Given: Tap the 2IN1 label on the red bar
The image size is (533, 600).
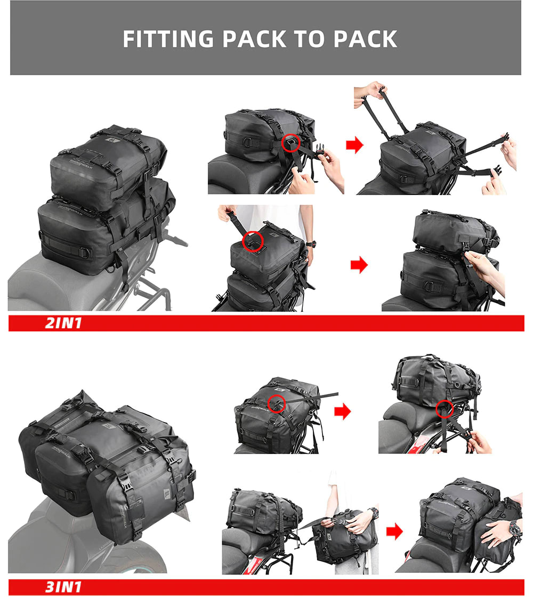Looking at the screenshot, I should pos(64,323).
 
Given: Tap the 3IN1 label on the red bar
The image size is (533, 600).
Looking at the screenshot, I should pos(63,587).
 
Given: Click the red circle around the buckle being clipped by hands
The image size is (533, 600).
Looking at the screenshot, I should pos(290,142).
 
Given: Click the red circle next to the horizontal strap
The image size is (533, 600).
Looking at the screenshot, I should pos(277,403).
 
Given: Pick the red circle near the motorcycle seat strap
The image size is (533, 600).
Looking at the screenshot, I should pos(443,409).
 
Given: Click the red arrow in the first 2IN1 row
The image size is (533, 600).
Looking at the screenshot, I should pos(354,144).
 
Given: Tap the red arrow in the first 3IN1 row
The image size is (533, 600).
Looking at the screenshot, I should pos(342,411).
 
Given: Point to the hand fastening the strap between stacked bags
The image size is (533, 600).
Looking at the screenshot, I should pos(482,264).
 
